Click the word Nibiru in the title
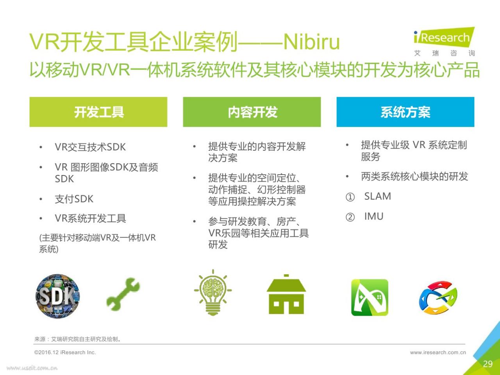pos(311,42)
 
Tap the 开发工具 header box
pos(98,112)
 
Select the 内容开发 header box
pos(252,112)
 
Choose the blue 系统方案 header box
pos(405,112)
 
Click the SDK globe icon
pos(58,296)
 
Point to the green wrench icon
pos(123,295)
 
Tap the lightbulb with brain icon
pos(213,292)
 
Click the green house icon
pos(286,295)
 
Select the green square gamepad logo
pos(370,297)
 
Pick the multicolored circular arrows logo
pos(438,298)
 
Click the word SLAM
pos(377,196)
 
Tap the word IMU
pos(374,216)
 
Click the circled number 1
pos(350,197)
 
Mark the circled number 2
pos(350,217)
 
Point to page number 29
pos(488,364)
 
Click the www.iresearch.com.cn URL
pos(438,352)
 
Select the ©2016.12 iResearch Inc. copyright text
pos(65,352)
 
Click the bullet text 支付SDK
pos(74,199)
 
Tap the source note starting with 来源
pos(77,339)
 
